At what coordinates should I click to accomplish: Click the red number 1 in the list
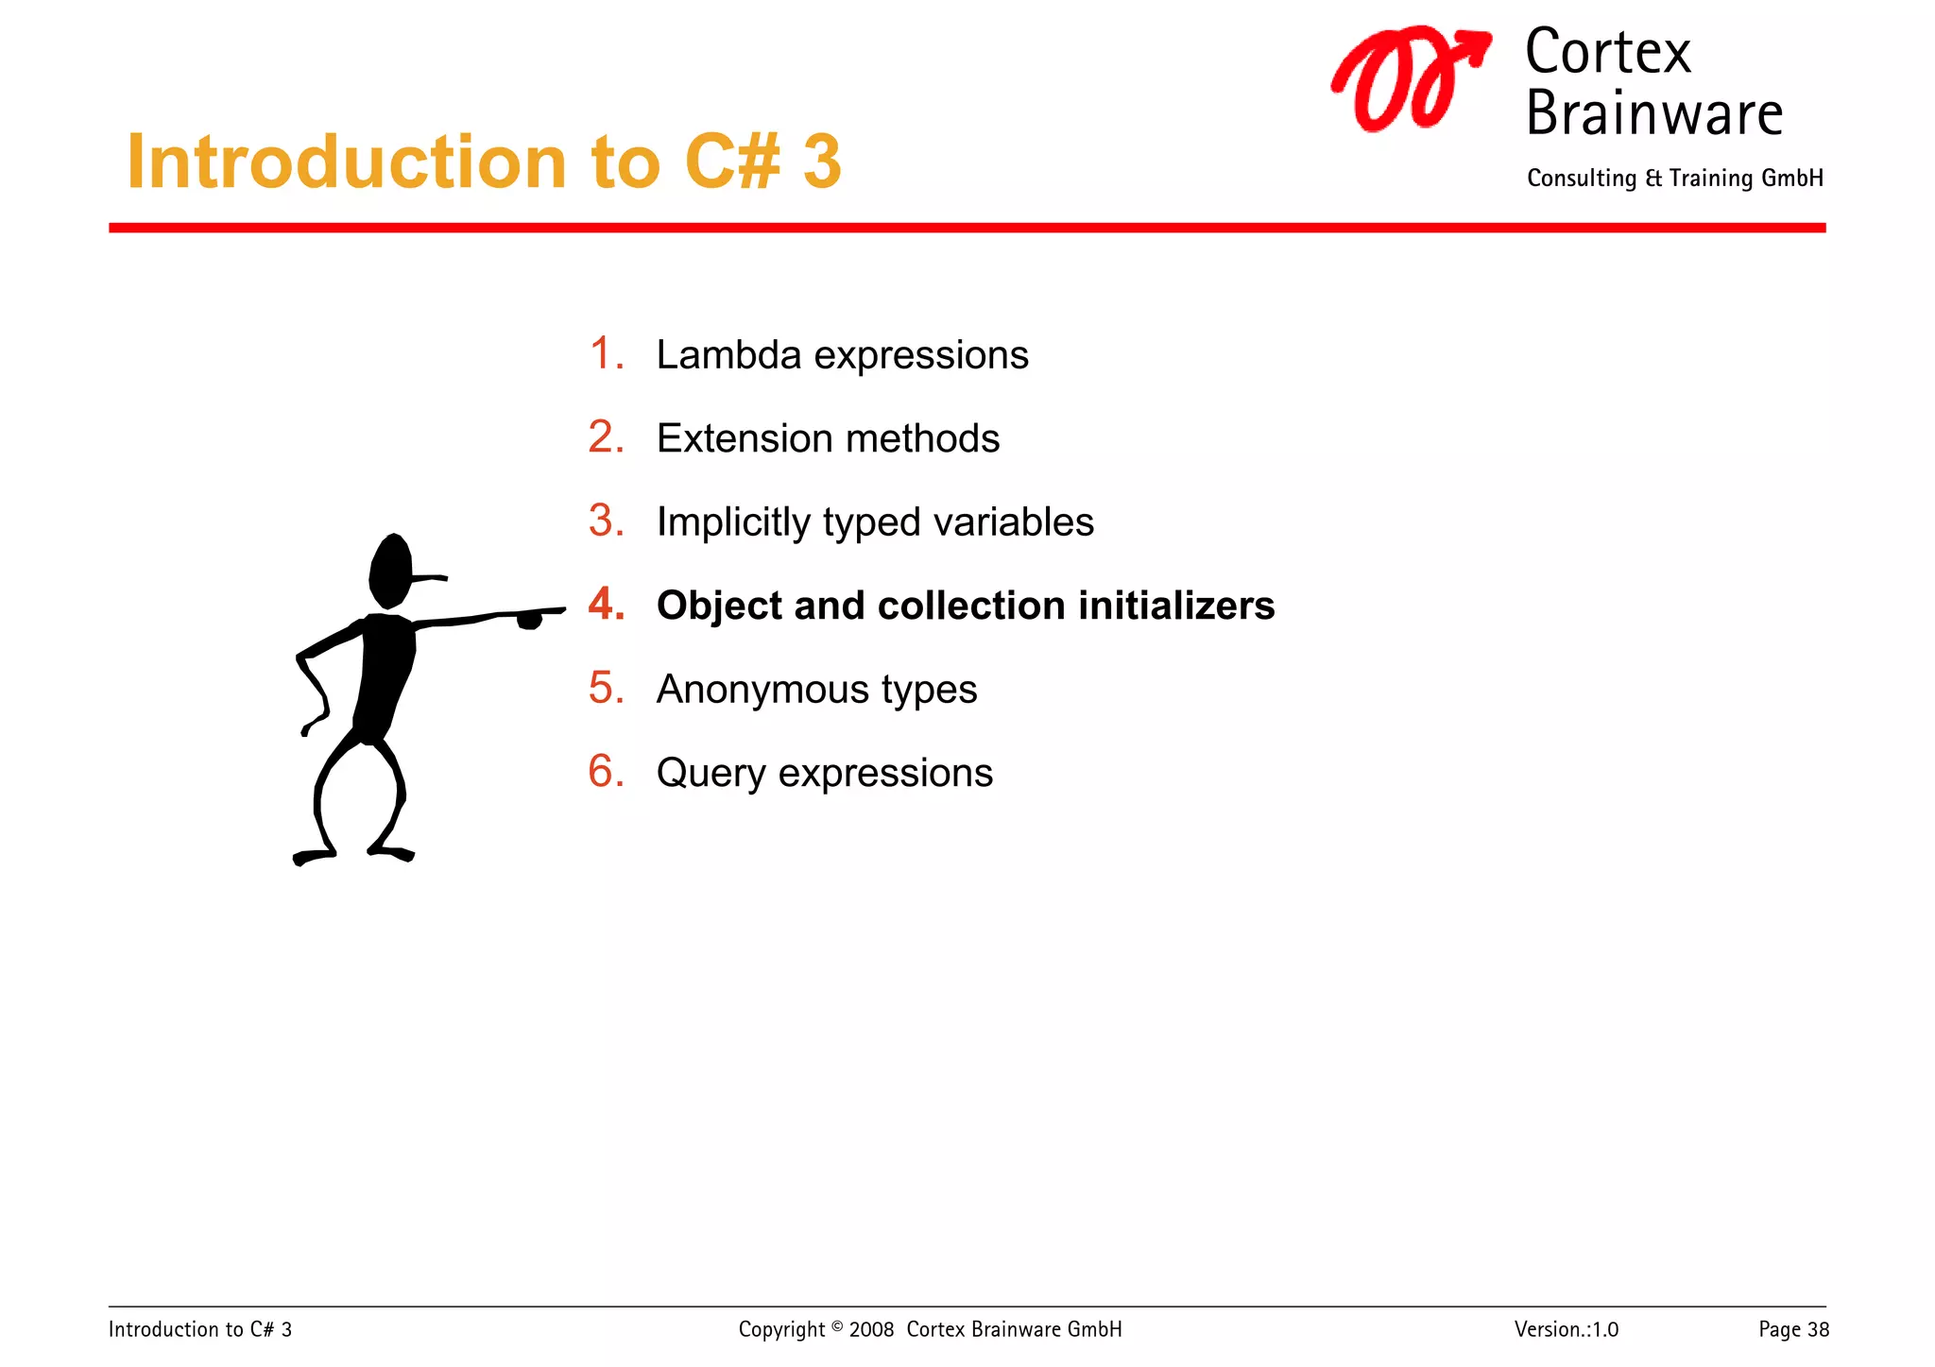pyautogui.click(x=604, y=354)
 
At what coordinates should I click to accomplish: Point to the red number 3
pyautogui.click(x=605, y=521)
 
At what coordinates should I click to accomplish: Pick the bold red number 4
pyautogui.click(x=605, y=605)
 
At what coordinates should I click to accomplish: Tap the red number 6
pyautogui.click(x=605, y=772)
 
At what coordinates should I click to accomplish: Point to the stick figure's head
pyautogui.click(x=390, y=571)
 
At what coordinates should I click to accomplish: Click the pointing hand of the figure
pyautogui.click(x=529, y=619)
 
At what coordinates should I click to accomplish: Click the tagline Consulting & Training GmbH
pyautogui.click(x=1674, y=179)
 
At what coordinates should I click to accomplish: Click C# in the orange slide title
pyautogui.click(x=732, y=162)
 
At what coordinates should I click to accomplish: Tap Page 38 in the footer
pyautogui.click(x=1793, y=1329)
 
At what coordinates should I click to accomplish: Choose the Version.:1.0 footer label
pyautogui.click(x=1566, y=1329)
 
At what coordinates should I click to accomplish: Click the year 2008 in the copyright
pyautogui.click(x=871, y=1329)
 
